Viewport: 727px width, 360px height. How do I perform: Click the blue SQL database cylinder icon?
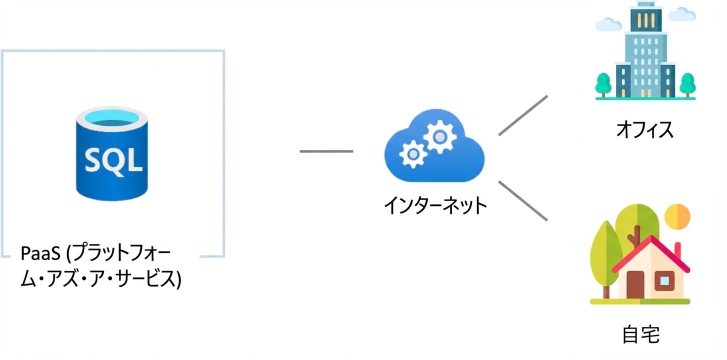112,153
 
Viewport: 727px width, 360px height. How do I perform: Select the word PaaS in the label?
40,253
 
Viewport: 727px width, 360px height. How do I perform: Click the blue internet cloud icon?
434,146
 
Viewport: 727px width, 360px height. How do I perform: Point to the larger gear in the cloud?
440,136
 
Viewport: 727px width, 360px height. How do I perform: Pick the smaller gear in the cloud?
413,154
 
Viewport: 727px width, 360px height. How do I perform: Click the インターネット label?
435,205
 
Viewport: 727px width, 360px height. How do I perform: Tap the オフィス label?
644,129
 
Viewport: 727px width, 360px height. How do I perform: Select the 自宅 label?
640,334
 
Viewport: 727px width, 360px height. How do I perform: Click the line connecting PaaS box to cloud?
326,151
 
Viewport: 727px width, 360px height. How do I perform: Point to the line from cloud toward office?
523,115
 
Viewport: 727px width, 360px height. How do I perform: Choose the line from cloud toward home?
523,201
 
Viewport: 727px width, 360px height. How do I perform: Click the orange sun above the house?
677,217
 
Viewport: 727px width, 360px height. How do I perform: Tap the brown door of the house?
635,285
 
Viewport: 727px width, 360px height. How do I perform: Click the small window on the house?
664,281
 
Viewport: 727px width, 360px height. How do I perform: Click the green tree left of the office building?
603,84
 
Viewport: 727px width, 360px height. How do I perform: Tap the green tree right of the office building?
687,84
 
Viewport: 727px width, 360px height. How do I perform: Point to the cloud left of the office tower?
608,24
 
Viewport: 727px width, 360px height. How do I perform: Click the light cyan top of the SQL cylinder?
112,117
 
